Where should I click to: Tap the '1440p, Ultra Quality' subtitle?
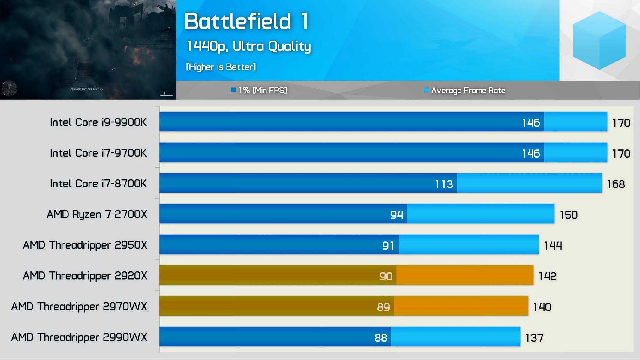coord(248,46)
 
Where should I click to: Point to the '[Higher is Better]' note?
coord(221,67)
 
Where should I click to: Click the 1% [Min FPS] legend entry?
coord(259,90)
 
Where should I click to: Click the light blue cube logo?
coord(599,40)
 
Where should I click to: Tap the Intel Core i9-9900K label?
coord(98,122)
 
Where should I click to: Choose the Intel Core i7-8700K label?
coord(98,183)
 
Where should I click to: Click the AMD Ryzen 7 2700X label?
coord(97,214)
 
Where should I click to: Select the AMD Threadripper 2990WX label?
coord(79,337)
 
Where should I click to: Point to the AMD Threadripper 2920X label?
coord(85,276)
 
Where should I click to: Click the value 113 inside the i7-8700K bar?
coord(444,184)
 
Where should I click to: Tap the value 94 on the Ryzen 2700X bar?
coord(397,215)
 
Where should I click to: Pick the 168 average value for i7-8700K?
coord(616,184)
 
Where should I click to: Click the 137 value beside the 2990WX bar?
coord(534,338)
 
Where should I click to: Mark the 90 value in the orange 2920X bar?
coord(386,276)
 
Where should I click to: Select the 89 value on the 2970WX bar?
coord(383,307)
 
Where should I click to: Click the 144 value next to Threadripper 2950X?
coord(553,245)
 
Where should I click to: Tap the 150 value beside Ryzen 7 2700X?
coord(569,215)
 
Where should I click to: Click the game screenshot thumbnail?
coord(88,49)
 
